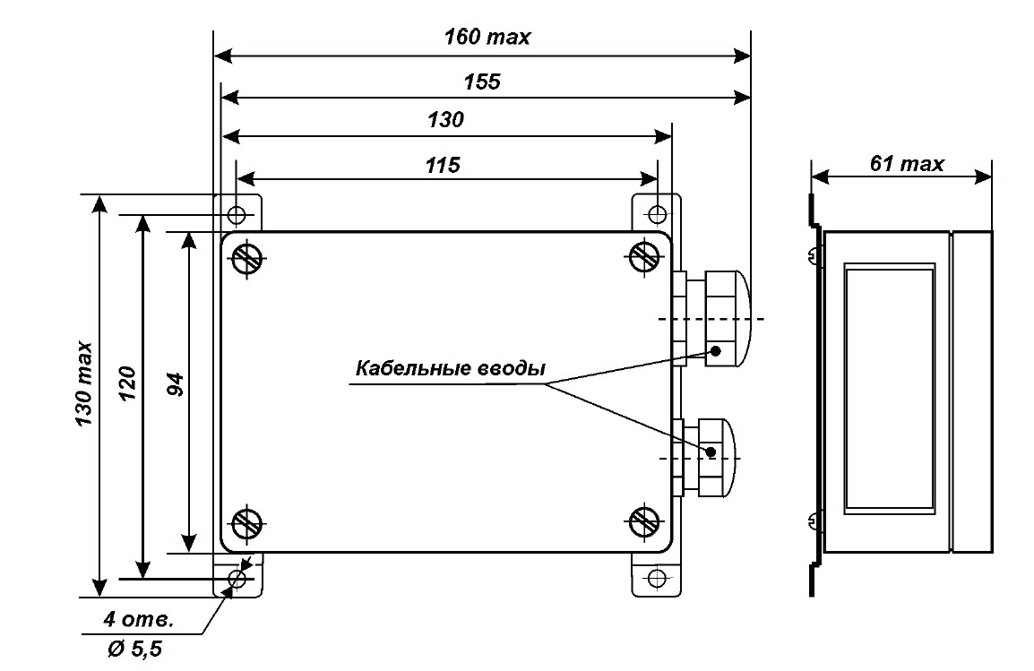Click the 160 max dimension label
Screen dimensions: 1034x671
[x=487, y=37]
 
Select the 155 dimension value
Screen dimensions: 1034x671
[x=482, y=82]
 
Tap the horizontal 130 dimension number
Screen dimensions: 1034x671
[x=446, y=120]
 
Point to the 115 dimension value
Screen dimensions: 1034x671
[x=443, y=165]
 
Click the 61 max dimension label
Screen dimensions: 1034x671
[x=907, y=163]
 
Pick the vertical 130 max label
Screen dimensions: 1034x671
[x=84, y=383]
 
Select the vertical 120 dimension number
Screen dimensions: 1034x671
[x=127, y=383]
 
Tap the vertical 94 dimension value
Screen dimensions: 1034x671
[x=175, y=383]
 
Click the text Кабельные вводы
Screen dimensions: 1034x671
[x=451, y=368]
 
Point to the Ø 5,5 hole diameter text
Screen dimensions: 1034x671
[x=134, y=649]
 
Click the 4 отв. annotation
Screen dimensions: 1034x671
[x=139, y=620]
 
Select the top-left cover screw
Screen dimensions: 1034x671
[x=247, y=257]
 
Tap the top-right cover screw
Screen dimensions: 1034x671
[x=644, y=257]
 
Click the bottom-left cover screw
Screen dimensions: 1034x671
[x=247, y=525]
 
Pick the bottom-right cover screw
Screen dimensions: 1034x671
[x=644, y=523]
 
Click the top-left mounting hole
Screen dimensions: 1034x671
[x=236, y=214]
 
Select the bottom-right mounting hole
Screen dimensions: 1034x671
[x=656, y=578]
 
